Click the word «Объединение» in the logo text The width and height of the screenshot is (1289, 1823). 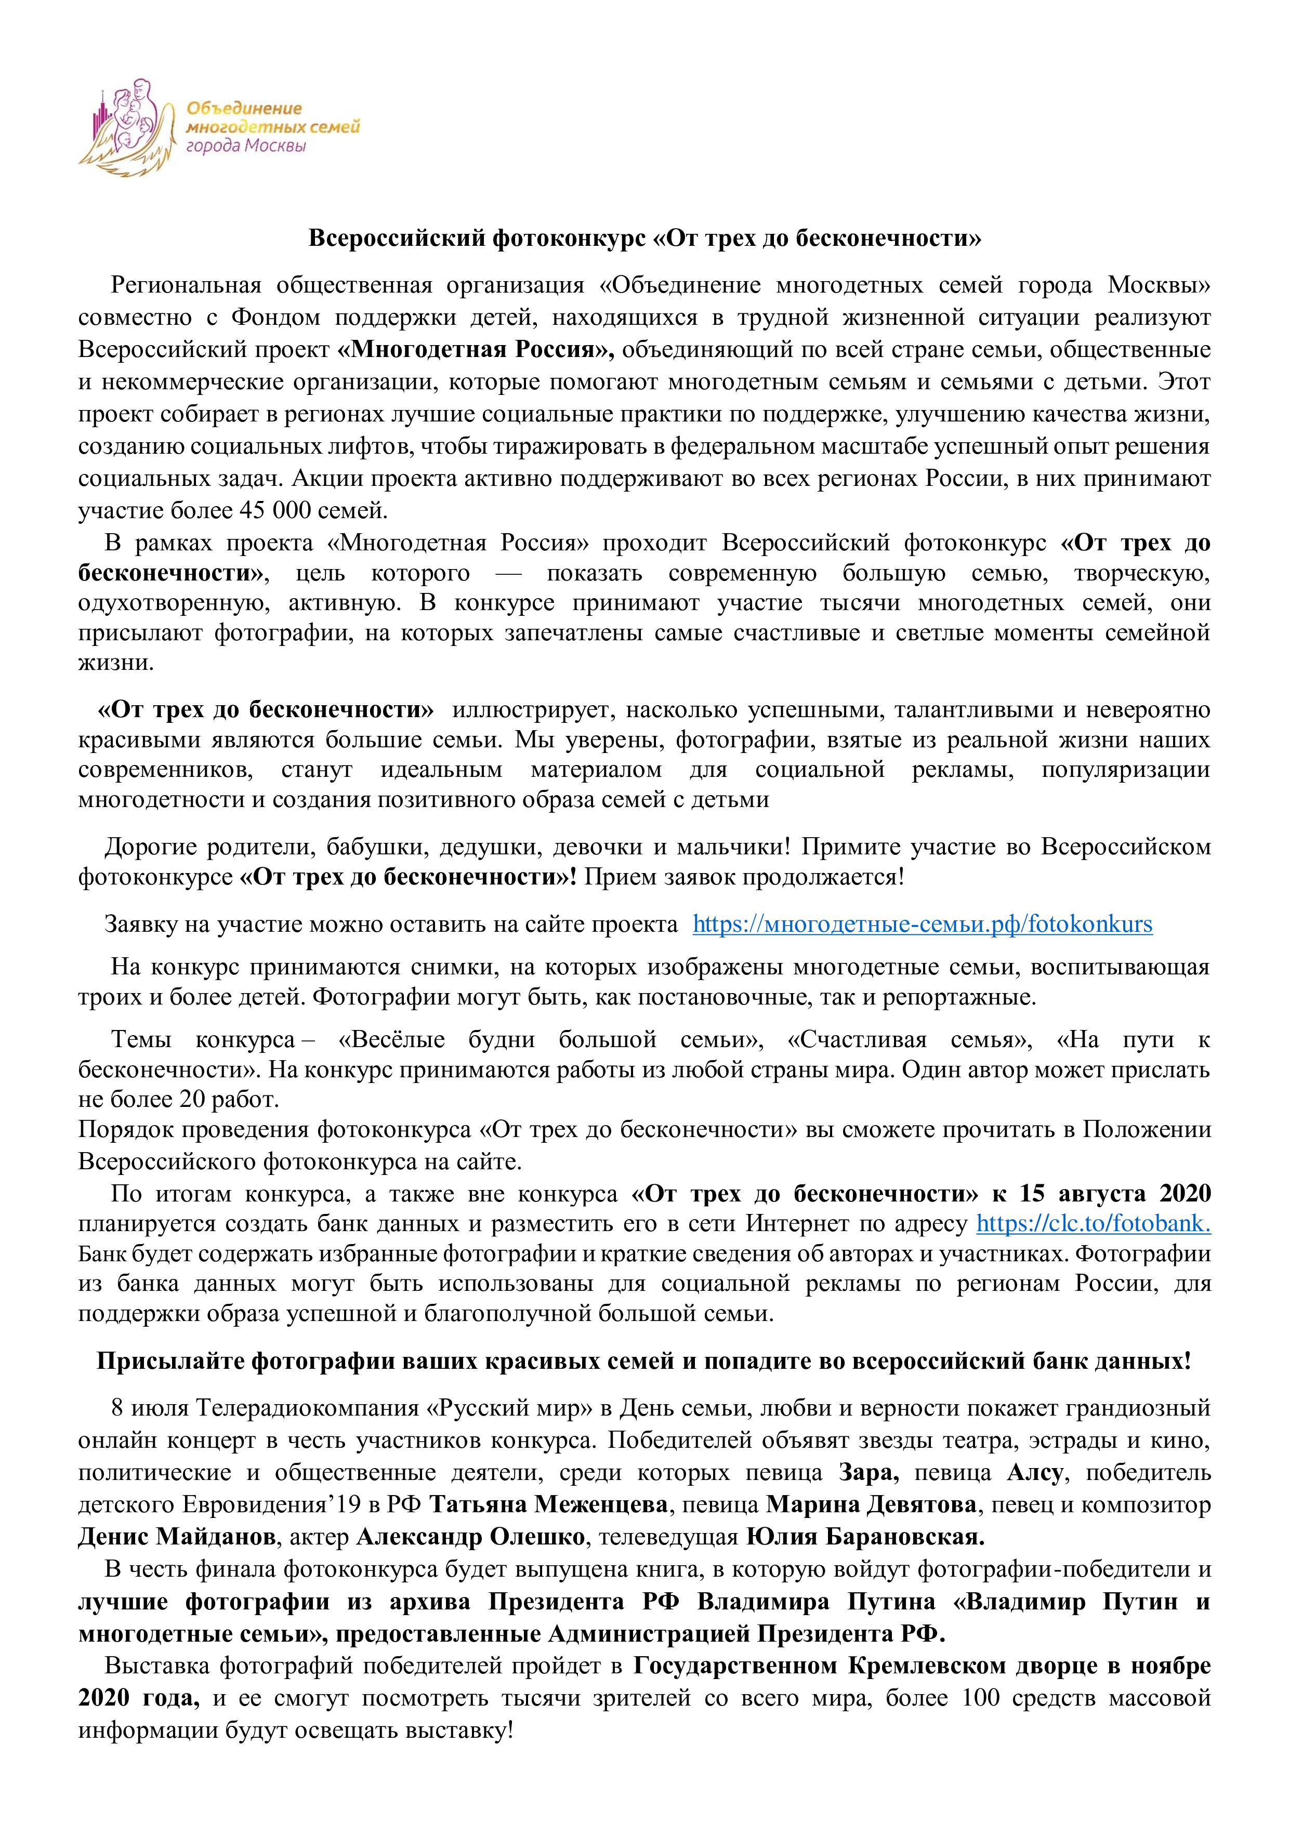pos(244,109)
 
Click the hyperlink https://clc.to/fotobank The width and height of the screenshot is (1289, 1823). pos(1093,1223)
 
